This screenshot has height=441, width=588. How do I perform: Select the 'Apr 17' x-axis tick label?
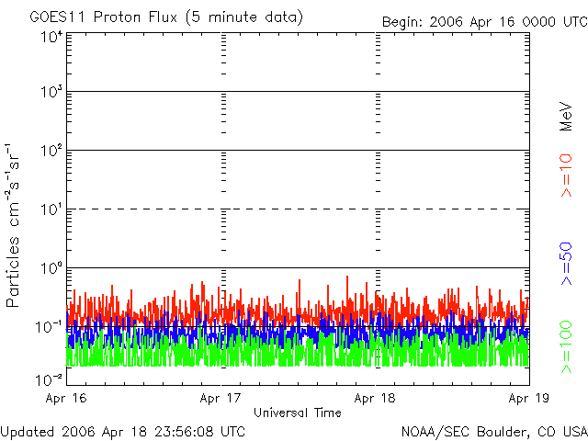[220, 399]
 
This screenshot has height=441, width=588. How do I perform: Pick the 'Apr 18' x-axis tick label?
[376, 399]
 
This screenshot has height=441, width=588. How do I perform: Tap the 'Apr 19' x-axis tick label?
[528, 399]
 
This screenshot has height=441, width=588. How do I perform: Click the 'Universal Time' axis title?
[298, 413]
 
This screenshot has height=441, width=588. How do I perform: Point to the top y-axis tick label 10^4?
[51, 37]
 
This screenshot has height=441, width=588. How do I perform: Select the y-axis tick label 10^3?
[51, 93]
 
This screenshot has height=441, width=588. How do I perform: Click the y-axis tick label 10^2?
[51, 152]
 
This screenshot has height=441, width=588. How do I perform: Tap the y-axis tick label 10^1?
[51, 210]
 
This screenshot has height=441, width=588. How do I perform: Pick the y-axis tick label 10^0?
[51, 268]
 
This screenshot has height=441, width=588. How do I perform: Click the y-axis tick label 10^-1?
[50, 327]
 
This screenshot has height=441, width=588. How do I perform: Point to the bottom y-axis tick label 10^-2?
[50, 378]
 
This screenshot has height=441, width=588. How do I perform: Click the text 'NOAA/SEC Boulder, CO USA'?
[493, 431]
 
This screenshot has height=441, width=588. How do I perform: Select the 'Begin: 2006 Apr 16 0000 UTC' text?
[483, 21]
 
